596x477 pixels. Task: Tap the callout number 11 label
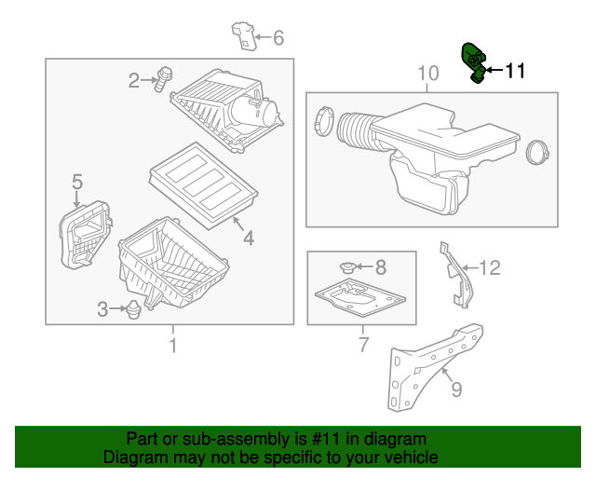point(515,71)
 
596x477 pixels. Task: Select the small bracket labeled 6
point(243,35)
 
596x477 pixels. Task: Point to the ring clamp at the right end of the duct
point(537,151)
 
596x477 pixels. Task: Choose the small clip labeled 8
point(351,267)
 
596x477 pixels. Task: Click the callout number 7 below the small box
point(363,347)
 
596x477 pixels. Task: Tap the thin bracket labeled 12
point(456,272)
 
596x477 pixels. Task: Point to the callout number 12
point(490,268)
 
